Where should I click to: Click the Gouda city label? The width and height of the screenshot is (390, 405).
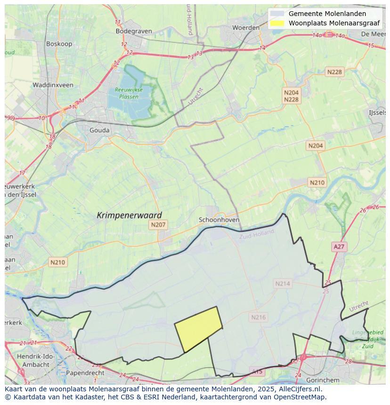coord(99,130)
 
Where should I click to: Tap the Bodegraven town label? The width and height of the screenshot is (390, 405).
coord(134,31)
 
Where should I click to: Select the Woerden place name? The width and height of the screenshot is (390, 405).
coord(246,28)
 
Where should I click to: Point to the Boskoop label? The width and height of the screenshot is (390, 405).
coord(58,44)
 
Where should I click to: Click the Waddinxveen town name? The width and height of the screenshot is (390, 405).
coord(53,85)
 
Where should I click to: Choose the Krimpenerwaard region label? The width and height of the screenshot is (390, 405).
coord(129,215)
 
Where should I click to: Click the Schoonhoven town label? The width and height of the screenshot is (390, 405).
coord(219,220)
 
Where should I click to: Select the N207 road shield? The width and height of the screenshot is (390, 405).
coord(158,225)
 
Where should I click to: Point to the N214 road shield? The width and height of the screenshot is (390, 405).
coord(283,283)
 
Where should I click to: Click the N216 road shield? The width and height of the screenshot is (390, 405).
coord(258,317)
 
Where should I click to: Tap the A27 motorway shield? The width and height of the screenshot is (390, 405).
coord(339,246)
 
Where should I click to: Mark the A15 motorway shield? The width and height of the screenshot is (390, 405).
coord(257,372)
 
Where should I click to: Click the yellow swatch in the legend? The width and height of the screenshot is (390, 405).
coord(278,23)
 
